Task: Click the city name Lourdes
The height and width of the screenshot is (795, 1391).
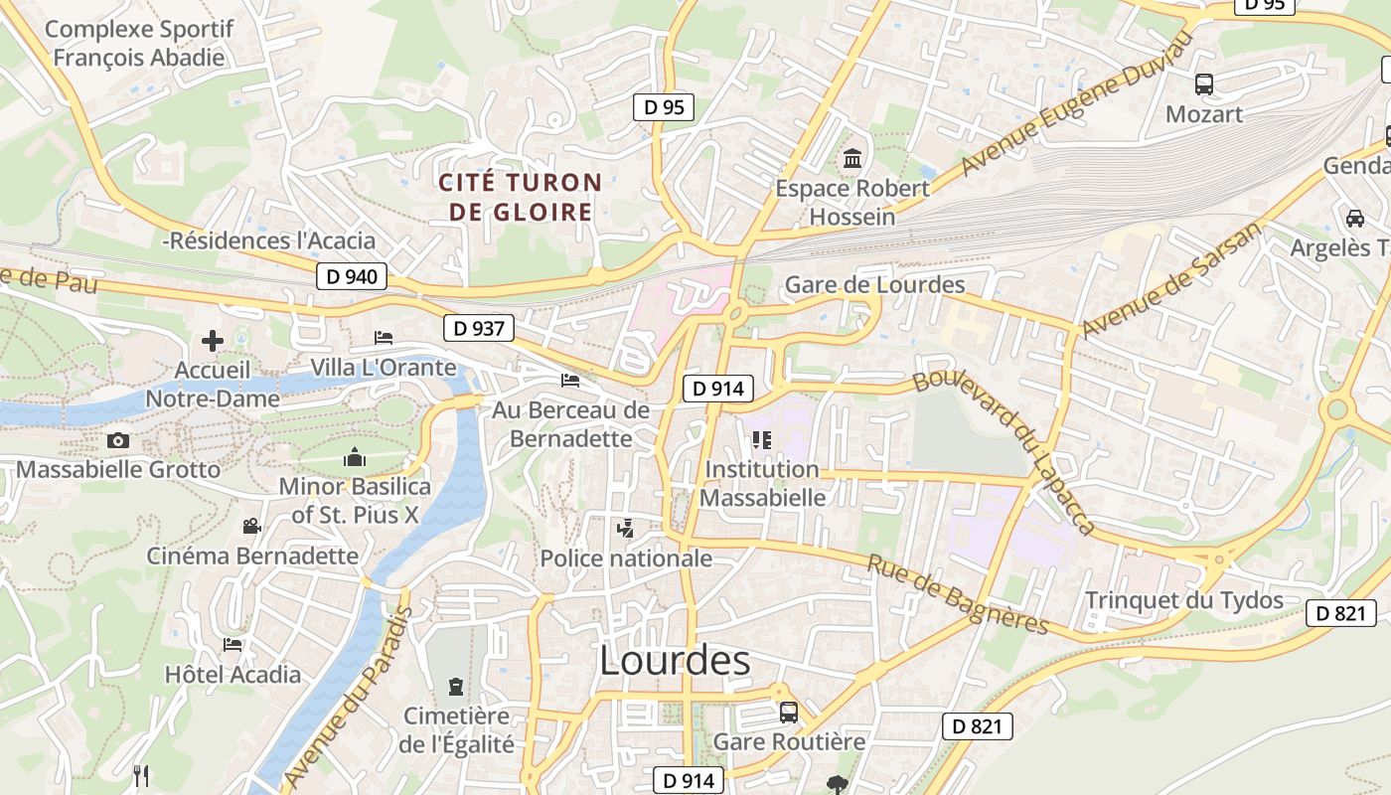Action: pos(675,661)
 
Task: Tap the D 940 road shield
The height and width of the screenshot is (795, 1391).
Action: pos(352,276)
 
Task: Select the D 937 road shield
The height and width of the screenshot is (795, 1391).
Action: pos(479,328)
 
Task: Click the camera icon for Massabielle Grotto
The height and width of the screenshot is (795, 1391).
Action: pos(118,440)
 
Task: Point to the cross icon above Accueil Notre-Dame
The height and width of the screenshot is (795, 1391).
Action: pos(213,342)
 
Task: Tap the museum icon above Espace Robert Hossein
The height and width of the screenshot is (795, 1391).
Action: pos(851,159)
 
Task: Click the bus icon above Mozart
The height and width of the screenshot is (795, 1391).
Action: pos(1204,84)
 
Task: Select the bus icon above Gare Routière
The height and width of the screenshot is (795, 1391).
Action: pos(789,713)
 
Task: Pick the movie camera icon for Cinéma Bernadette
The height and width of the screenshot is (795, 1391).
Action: pos(251,526)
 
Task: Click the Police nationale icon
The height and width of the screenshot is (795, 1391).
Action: pos(625,529)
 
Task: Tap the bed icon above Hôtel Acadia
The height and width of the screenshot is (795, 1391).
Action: pos(232,645)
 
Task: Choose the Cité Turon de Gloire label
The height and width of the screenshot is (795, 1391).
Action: pos(521,197)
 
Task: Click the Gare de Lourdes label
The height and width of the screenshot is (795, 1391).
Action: pos(874,285)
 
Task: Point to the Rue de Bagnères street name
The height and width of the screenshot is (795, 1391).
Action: pos(958,594)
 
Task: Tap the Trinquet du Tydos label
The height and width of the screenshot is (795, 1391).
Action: pos(1184,600)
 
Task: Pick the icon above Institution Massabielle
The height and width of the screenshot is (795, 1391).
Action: pos(762,439)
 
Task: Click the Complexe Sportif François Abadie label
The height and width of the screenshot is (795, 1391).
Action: pos(139,43)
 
